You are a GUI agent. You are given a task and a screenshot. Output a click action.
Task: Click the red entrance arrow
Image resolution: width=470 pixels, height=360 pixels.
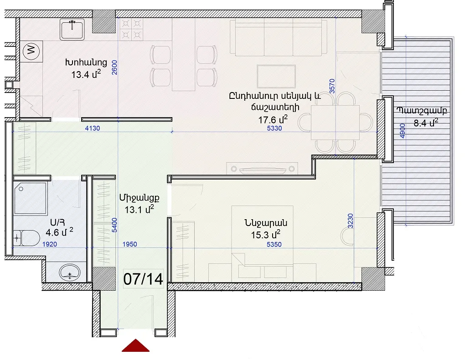pyautogui.click(x=135, y=345)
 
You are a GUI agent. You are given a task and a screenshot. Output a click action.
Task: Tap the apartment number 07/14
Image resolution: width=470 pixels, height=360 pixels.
pyautogui.click(x=143, y=279)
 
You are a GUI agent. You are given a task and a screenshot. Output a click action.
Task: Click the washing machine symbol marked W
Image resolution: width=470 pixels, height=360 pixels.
pyautogui.click(x=31, y=50)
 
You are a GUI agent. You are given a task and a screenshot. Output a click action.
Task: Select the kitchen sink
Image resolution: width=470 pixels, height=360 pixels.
pyautogui.click(x=72, y=29)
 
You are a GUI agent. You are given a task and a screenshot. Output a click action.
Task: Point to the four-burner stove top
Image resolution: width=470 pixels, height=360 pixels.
pyautogui.click(x=131, y=29)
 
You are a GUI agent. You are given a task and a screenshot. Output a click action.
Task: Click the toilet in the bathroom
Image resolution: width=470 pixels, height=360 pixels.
pyautogui.click(x=26, y=238)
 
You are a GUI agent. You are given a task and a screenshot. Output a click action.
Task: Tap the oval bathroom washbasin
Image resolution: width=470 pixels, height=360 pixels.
pyautogui.click(x=70, y=273)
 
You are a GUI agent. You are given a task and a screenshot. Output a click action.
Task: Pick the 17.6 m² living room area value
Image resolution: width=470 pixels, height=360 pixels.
pyautogui.click(x=273, y=119)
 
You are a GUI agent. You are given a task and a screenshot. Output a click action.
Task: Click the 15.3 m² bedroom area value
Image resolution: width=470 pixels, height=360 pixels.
pyautogui.click(x=266, y=235)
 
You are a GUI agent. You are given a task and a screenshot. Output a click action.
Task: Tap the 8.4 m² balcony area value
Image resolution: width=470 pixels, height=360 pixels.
pyautogui.click(x=426, y=123)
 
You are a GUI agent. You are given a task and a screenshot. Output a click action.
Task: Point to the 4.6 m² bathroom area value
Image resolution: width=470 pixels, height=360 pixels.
pyautogui.click(x=59, y=232)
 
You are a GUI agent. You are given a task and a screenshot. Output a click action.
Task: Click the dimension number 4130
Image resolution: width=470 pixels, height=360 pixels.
pyautogui.click(x=93, y=129)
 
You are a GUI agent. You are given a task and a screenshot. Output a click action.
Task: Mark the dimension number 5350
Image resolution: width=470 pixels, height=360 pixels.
pyautogui.click(x=274, y=244)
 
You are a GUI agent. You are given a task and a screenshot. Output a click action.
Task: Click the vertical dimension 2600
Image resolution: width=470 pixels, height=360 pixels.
pyautogui.click(x=114, y=67)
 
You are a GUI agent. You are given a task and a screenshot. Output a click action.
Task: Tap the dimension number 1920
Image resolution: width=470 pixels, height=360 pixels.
pyautogui.click(x=49, y=244)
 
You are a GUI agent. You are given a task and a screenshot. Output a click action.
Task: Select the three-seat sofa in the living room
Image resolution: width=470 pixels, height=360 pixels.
pyautogui.click(x=278, y=37)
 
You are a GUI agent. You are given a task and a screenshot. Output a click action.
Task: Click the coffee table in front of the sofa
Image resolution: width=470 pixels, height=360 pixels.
pyautogui.click(x=276, y=76)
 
